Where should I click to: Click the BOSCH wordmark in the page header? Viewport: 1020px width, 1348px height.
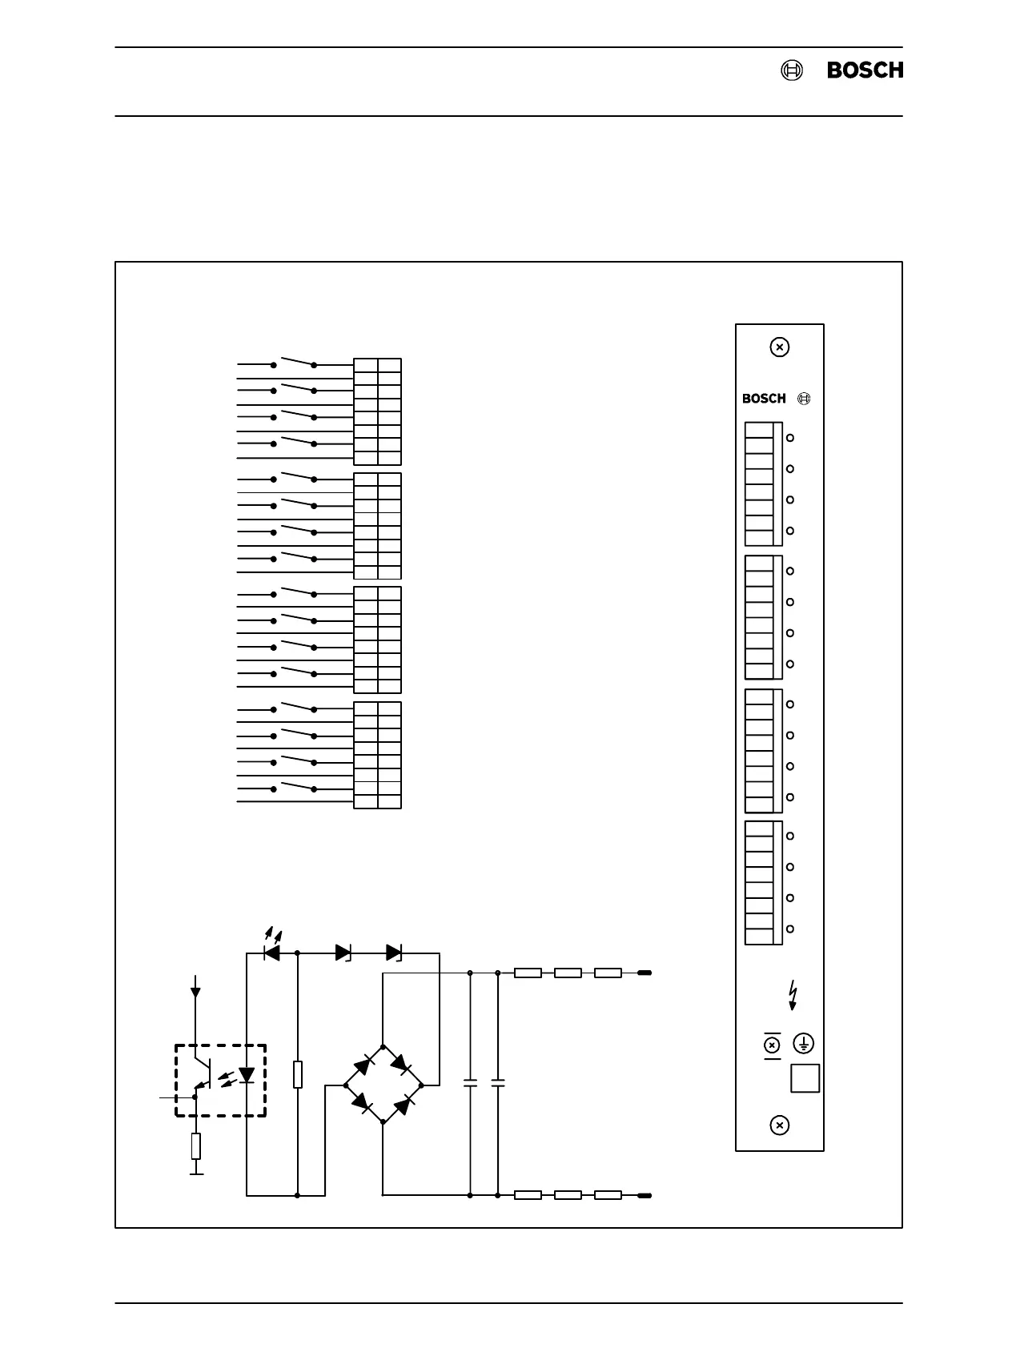(865, 70)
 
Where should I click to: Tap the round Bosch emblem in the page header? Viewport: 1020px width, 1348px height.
(791, 70)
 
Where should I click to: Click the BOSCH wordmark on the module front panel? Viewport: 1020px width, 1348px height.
(764, 399)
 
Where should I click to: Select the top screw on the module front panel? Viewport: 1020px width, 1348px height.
(779, 347)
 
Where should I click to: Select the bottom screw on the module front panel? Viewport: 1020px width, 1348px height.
(779, 1125)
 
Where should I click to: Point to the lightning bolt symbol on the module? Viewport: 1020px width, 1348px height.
(793, 994)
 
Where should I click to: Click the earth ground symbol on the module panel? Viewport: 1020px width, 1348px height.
(803, 1044)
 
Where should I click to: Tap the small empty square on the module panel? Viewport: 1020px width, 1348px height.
(805, 1078)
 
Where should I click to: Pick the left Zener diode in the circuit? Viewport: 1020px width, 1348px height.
(344, 953)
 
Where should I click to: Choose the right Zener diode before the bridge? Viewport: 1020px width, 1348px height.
(394, 953)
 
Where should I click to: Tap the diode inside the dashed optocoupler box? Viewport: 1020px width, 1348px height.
(247, 1075)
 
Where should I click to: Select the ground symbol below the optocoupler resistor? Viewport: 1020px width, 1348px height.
(195, 1174)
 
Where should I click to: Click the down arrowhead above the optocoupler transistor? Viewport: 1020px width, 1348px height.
(195, 993)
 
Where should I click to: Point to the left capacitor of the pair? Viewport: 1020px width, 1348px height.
(470, 1083)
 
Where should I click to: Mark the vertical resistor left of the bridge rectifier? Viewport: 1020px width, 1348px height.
(298, 1074)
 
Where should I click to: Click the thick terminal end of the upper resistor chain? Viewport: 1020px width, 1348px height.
(644, 973)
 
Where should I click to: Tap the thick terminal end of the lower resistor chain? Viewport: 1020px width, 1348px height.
(644, 1196)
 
